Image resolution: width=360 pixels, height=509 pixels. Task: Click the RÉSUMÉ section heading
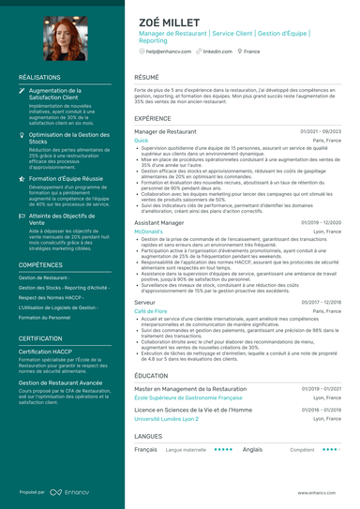tap(146, 77)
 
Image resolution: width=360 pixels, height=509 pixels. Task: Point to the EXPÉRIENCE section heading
tap(153, 119)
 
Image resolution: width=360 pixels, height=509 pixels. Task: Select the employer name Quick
tap(142, 140)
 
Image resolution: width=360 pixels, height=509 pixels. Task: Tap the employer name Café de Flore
tap(150, 310)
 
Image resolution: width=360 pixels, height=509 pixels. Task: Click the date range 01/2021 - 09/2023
tap(321, 132)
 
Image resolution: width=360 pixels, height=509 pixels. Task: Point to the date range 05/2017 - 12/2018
tap(321, 303)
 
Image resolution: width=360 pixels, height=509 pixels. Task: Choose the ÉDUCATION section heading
tap(151, 374)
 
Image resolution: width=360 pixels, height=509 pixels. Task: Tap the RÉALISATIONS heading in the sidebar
tap(39, 77)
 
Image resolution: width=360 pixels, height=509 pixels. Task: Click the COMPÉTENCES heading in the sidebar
tap(41, 265)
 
